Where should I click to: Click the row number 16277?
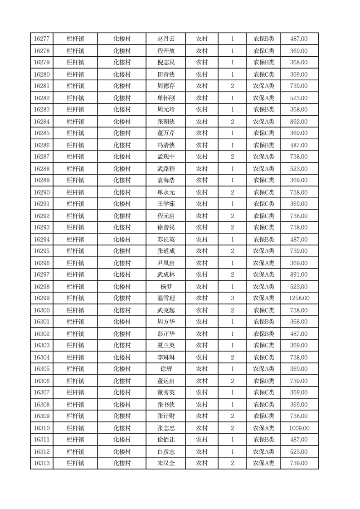coord(42,39)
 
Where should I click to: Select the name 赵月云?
coord(166,39)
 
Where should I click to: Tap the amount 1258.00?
coord(299,298)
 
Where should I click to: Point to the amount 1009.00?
coord(299,428)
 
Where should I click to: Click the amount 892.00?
coord(299,122)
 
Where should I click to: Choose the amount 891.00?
coord(299,274)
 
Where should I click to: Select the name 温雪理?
coord(166,298)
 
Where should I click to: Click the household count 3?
coord(232,298)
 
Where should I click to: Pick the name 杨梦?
coord(166,287)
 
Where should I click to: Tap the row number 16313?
coord(42,463)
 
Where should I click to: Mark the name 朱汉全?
coord(166,463)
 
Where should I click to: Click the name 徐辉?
coord(166,369)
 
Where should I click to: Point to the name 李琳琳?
coord(166,357)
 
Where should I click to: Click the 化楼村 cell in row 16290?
coord(122,192)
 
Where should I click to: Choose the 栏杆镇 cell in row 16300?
coord(75,310)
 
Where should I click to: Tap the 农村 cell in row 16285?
coord(201,133)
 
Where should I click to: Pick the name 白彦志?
coord(166,452)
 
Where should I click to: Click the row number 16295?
coord(42,251)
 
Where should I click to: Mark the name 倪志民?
coord(166,62)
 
